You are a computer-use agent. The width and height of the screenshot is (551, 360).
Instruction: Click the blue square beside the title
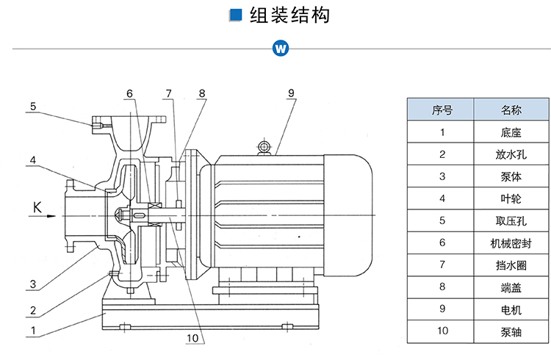[236, 15]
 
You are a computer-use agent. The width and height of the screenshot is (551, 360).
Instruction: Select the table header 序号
[442, 110]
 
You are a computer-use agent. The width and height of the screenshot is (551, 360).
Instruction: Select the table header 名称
[511, 110]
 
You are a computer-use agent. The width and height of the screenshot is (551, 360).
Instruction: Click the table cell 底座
[511, 133]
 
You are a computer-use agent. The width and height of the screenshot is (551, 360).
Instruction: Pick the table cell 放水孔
[511, 155]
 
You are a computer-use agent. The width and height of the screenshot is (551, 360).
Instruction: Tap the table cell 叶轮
[511, 198]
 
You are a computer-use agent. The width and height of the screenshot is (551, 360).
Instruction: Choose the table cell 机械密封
[511, 242]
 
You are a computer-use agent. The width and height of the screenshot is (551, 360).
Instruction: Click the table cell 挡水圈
[511, 264]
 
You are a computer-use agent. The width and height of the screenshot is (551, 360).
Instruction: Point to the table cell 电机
[511, 309]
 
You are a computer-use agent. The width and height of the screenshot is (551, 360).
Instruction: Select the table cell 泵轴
[511, 331]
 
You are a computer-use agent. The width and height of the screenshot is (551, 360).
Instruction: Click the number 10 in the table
[442, 331]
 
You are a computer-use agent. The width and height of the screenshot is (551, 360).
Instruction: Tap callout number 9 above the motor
[291, 93]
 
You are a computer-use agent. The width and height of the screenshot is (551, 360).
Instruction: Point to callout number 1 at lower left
[33, 331]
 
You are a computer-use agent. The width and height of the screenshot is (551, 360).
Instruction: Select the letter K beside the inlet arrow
[37, 206]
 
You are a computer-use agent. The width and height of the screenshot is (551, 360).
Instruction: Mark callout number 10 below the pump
[192, 339]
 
